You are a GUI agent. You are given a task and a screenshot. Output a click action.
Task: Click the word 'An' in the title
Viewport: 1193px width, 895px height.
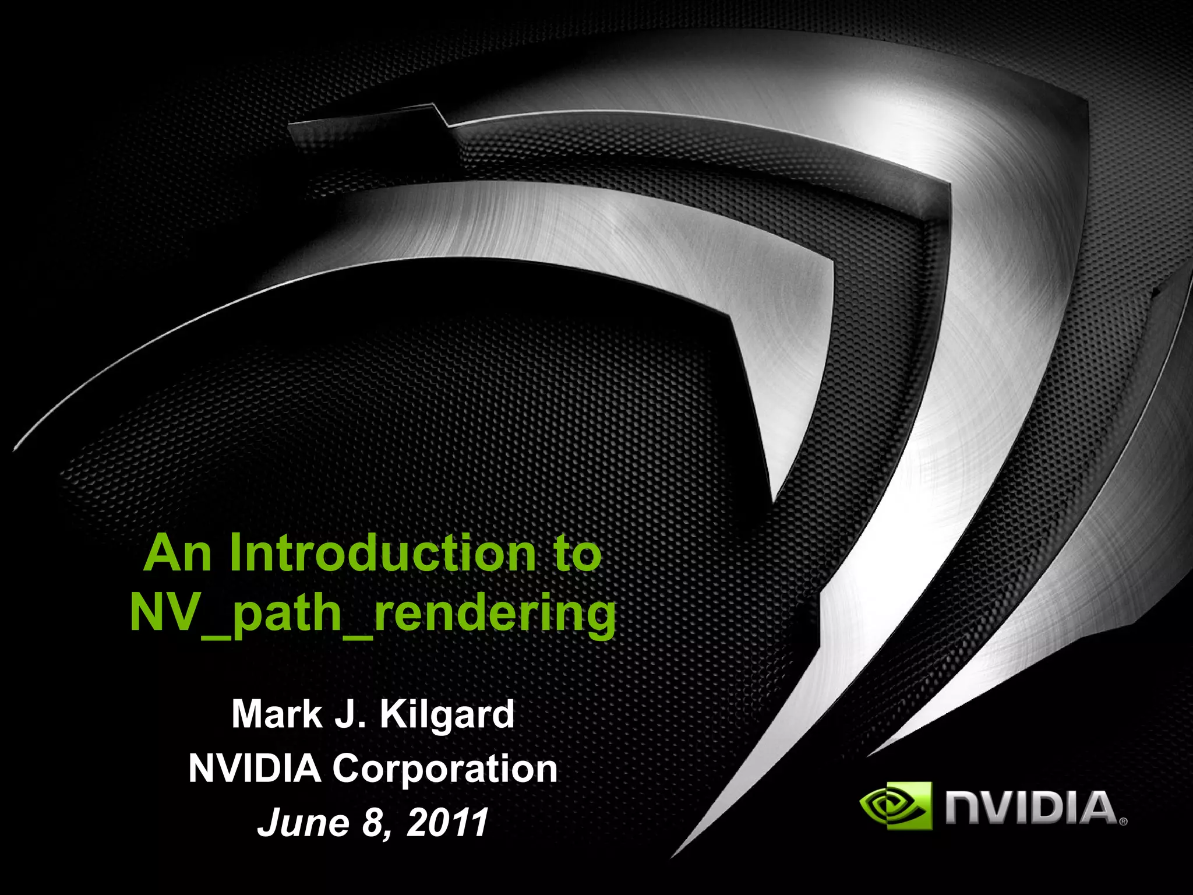click(x=177, y=554)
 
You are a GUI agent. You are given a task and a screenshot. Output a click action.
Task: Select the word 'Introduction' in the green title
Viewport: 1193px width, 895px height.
click(x=382, y=554)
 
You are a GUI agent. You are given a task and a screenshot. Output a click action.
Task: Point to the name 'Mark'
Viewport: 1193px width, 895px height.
click(x=276, y=714)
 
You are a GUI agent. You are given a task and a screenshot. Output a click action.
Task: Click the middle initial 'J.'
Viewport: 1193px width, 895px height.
click(x=350, y=714)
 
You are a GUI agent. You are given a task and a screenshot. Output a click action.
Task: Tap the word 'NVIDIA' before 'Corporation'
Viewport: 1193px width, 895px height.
click(x=255, y=769)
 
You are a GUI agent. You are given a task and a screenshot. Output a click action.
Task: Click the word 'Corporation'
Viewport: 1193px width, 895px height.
click(x=445, y=770)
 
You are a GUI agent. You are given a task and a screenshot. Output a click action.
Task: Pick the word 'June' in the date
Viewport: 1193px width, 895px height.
click(x=303, y=823)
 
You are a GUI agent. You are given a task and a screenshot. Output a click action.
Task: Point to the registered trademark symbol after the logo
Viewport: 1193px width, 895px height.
click(x=1123, y=822)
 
